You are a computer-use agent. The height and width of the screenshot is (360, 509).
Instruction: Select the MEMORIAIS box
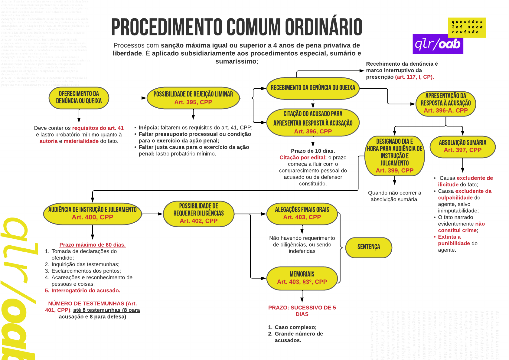(302, 278)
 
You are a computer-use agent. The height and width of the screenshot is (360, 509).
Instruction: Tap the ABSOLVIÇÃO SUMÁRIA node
(462, 147)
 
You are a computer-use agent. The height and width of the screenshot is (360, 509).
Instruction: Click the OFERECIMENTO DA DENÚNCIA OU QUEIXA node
(79, 98)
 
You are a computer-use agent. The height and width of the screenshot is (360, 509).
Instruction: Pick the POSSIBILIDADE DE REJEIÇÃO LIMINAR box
(193, 98)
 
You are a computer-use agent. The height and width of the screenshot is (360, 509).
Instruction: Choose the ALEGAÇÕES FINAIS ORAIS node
(302, 214)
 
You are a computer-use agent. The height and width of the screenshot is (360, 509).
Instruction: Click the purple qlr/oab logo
(438, 44)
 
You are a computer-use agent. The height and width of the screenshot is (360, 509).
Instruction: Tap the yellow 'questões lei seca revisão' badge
(467, 27)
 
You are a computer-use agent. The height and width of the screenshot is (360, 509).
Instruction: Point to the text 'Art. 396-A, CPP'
(445, 111)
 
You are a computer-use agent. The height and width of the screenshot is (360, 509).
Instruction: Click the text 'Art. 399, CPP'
(394, 171)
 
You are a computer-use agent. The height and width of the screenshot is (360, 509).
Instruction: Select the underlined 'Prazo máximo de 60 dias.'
(92, 245)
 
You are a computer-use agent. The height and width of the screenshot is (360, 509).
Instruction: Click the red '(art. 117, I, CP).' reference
(414, 77)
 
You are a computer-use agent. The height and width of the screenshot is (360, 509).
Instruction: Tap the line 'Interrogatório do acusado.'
(86, 290)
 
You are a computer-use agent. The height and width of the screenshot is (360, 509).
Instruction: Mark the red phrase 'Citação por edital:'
(303, 157)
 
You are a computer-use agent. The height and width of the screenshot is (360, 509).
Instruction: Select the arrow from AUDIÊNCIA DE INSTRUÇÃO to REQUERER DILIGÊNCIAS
(152, 214)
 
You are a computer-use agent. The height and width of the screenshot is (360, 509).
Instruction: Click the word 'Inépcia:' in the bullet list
(148, 127)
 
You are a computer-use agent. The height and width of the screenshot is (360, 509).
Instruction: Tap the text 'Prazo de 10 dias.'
(313, 151)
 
